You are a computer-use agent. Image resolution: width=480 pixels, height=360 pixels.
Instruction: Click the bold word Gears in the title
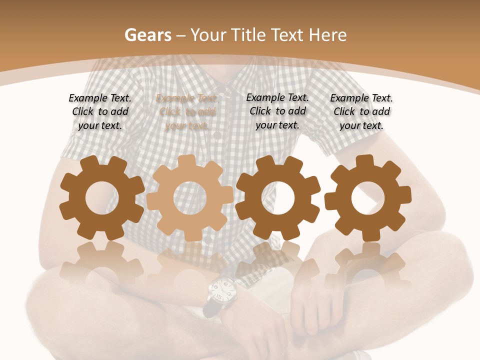coord(148,35)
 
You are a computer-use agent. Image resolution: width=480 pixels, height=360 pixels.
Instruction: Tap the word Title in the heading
coord(247,35)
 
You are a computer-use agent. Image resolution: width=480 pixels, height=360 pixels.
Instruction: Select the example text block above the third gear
coord(277,111)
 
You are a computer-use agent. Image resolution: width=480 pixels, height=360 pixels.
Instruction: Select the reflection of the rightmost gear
coord(368,265)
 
